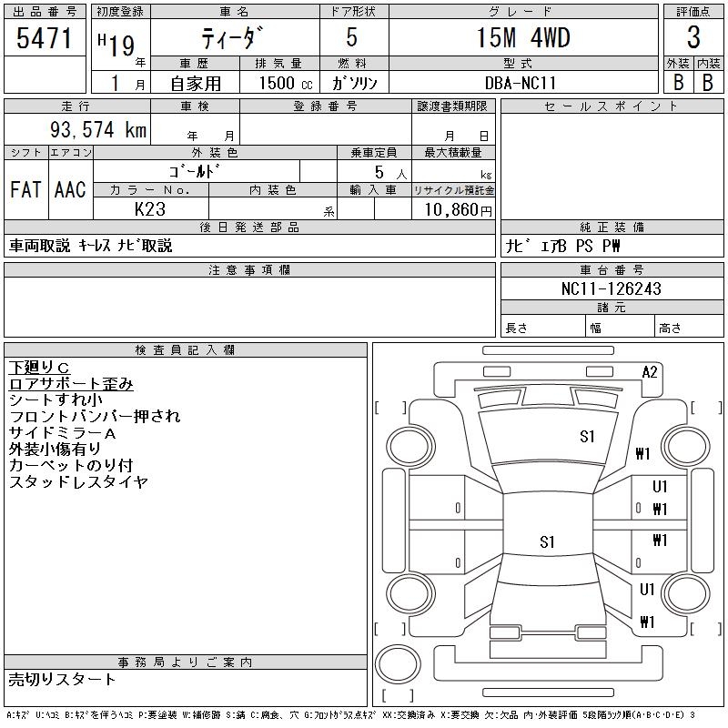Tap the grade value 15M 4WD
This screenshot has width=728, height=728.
522,38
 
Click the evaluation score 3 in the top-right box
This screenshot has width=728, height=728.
693,38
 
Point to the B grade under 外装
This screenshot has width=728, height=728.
678,81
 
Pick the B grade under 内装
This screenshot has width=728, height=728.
708,81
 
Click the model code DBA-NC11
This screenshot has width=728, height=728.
522,82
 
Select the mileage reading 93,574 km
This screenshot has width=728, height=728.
98,130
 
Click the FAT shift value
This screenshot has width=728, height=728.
25,190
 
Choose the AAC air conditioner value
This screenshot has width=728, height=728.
70,190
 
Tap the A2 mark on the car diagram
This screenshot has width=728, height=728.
650,371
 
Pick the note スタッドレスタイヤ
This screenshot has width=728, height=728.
78,482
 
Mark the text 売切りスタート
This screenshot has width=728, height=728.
63,679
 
